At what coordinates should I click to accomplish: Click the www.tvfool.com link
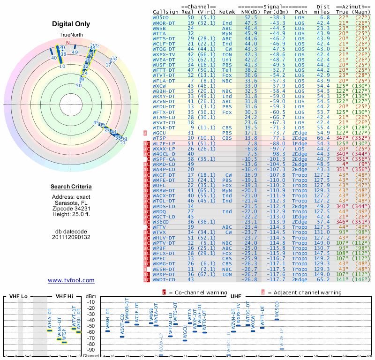pos(71,280)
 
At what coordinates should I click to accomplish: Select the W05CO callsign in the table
pos(162,17)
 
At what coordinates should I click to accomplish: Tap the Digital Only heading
pos(71,24)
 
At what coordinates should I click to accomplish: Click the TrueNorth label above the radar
pos(71,36)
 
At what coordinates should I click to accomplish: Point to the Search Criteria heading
pos(71,187)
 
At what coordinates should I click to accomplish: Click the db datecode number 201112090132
pos(71,237)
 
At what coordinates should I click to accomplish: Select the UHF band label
pos(236,296)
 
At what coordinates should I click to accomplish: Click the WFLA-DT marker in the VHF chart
pos(50,330)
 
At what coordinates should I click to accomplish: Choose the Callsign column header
pos(166,12)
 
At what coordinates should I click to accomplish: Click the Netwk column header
pos(227,12)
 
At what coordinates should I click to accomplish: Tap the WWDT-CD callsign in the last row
pos(164,280)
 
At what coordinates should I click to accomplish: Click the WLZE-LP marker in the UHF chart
pos(282,349)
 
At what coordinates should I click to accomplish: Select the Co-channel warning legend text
pos(196,292)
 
